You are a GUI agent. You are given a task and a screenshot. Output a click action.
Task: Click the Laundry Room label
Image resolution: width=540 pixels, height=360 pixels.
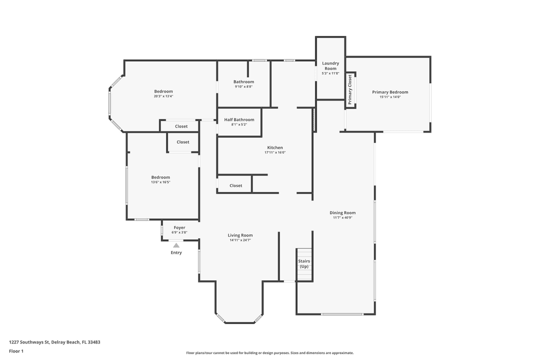[x=330, y=66]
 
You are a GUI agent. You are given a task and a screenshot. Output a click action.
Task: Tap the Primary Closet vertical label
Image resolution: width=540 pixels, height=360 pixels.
[x=350, y=89]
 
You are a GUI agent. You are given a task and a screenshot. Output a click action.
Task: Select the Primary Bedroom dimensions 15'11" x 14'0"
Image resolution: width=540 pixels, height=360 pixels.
[x=390, y=97]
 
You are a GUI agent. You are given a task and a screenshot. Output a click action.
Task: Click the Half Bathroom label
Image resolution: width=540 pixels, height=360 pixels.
[x=239, y=119]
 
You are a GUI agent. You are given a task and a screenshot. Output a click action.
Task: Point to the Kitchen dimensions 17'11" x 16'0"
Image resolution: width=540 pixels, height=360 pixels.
[x=275, y=152]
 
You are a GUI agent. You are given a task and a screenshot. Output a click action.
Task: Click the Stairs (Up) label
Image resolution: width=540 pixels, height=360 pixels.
[x=304, y=264]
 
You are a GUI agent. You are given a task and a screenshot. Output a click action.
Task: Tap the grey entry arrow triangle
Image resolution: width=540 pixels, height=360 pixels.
[x=176, y=245]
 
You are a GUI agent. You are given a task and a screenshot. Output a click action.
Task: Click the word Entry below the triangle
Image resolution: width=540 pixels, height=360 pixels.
[x=176, y=252]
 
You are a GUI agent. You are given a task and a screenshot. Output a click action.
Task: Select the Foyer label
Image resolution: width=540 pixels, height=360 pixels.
[x=179, y=227]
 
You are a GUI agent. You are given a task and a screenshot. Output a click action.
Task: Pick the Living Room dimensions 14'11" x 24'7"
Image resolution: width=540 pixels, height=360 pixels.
[x=240, y=240]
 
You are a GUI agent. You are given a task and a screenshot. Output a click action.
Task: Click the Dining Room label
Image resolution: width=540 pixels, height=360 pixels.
[x=342, y=212]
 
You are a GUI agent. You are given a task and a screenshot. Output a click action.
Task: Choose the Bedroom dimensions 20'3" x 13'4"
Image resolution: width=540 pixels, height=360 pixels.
[x=163, y=96]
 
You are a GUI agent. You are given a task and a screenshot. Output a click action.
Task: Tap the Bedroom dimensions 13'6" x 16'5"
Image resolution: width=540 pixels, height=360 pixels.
[x=160, y=182]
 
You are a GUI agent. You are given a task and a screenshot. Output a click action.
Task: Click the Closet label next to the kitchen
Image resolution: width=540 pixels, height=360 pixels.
[x=236, y=185]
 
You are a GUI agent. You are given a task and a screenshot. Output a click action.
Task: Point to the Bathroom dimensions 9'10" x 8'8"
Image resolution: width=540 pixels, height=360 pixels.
[x=243, y=87]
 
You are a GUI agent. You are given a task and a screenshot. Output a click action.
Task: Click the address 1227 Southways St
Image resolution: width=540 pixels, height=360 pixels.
[x=29, y=342]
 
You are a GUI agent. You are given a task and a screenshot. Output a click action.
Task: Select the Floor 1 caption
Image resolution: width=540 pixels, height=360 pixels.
[x=16, y=351]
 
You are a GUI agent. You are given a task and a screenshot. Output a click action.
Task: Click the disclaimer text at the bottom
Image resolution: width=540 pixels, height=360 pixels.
[x=269, y=353]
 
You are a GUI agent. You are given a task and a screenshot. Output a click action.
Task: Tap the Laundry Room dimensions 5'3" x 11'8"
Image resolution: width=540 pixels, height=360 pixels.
[x=330, y=73]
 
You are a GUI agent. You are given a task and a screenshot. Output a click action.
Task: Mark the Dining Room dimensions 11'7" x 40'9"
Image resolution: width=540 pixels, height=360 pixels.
[x=342, y=217]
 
